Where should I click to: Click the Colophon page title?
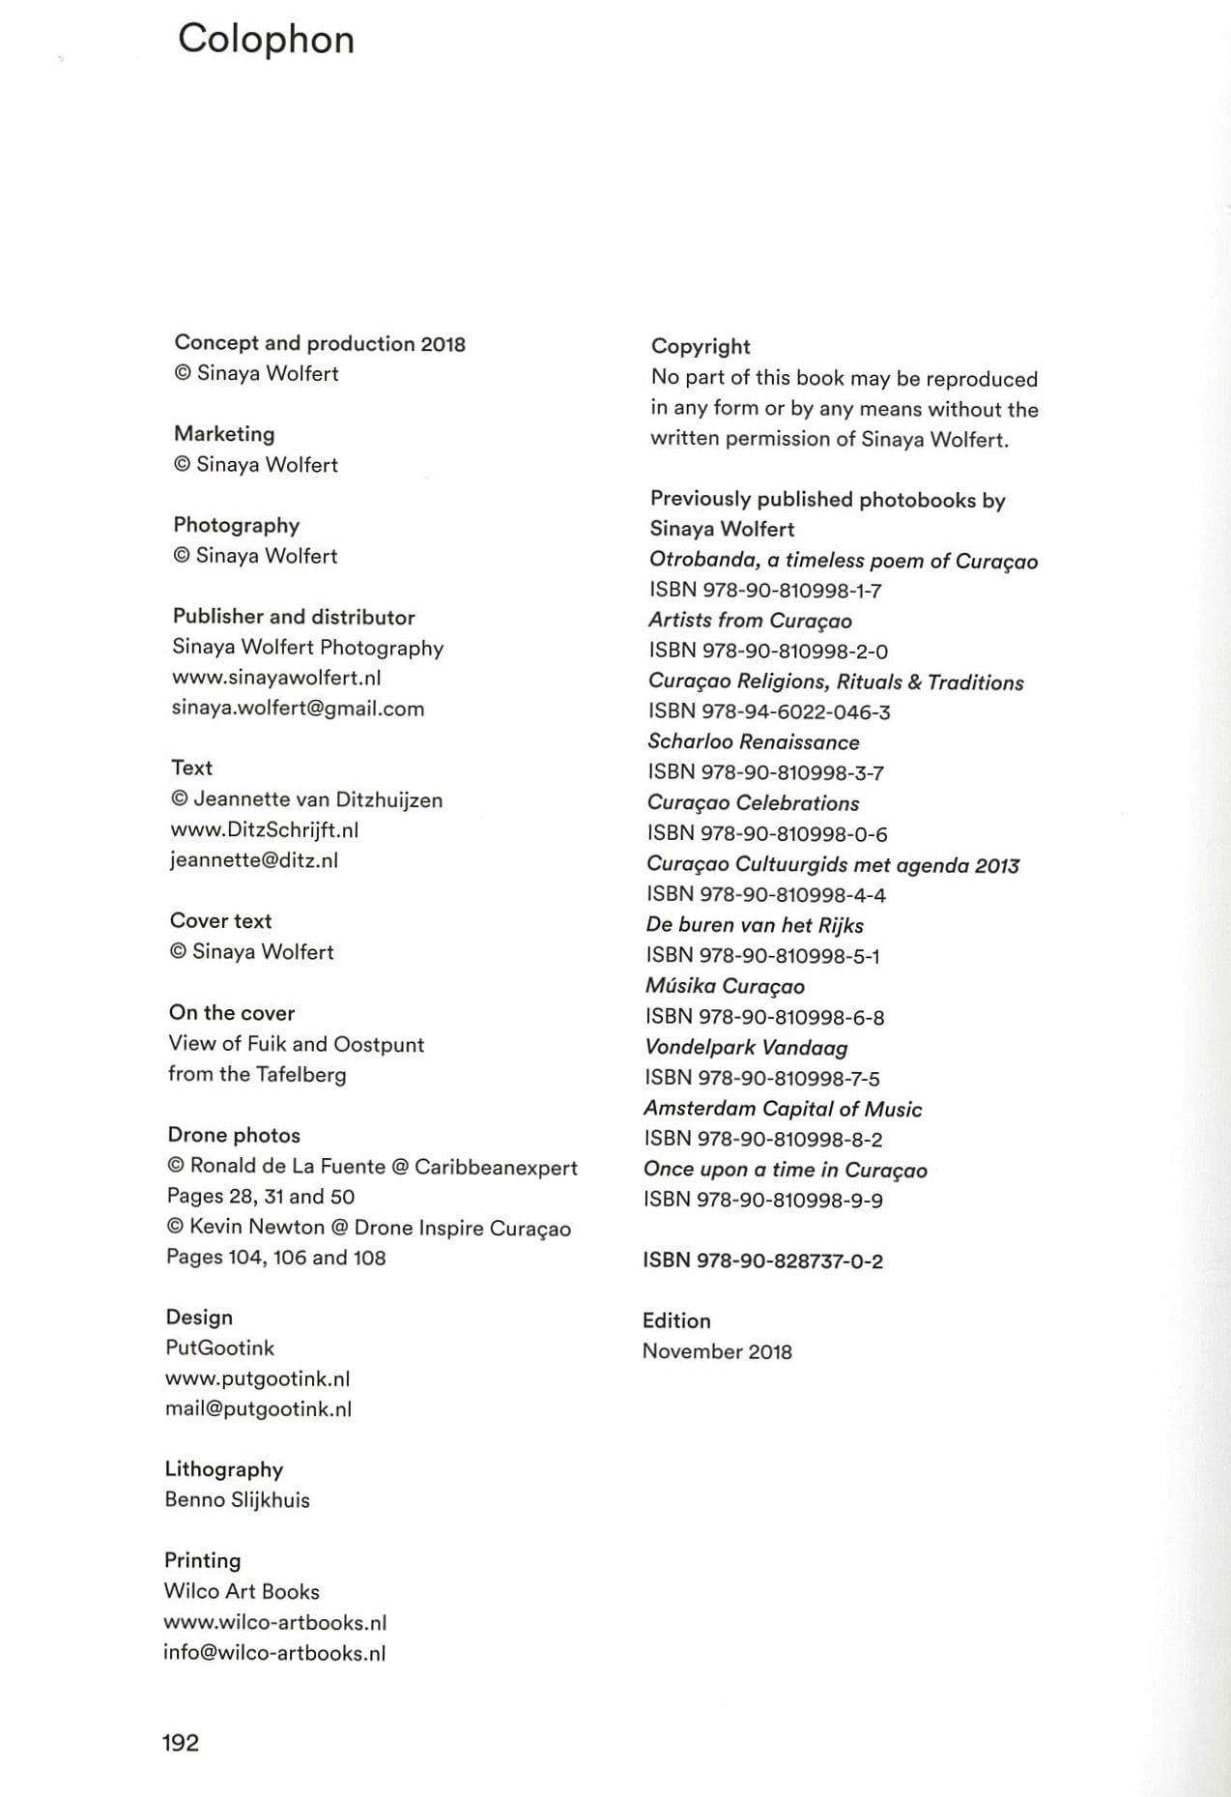click(266, 40)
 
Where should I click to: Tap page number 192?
click(181, 1742)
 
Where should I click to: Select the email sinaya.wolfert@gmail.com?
click(298, 709)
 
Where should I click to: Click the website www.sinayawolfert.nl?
click(276, 678)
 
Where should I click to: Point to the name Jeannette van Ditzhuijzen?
click(318, 799)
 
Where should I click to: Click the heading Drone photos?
click(234, 1135)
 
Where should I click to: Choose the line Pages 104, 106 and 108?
click(276, 1258)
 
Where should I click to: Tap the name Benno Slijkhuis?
click(238, 1499)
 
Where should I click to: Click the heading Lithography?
click(224, 1469)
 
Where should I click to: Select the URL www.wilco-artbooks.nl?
click(275, 1622)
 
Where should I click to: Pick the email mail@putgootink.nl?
click(259, 1408)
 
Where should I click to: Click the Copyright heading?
click(701, 346)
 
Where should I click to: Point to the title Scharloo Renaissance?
click(754, 742)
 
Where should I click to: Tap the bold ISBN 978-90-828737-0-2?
click(762, 1261)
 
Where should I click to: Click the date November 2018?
click(717, 1351)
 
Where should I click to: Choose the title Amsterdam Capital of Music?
click(783, 1109)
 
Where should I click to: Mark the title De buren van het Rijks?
click(755, 925)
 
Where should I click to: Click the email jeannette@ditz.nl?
click(254, 860)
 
